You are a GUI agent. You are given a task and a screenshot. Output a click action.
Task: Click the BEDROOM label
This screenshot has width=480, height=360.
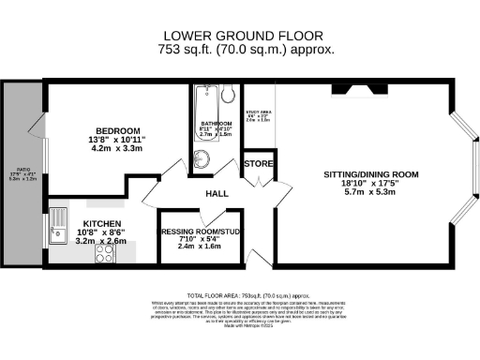pos(117,129)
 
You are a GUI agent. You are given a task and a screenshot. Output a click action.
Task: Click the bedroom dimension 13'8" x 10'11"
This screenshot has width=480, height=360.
pos(117,139)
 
